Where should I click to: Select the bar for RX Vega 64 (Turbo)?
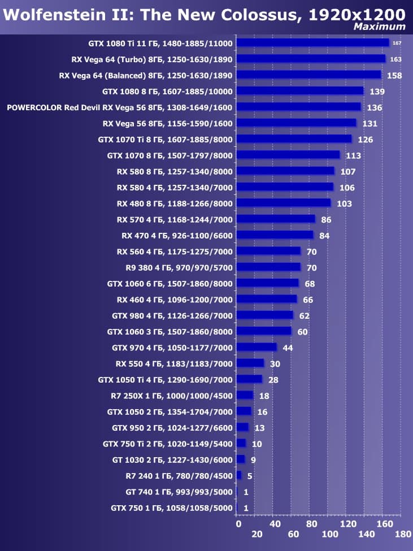pos(311,59)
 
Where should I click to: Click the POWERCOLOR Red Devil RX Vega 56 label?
pos(119,107)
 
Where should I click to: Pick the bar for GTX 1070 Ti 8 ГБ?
pos(294,139)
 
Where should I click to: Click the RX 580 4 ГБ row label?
pos(175,187)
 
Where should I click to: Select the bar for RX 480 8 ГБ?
pos(284,203)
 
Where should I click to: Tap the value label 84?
pos(324,236)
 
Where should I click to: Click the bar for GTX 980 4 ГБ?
pos(265,315)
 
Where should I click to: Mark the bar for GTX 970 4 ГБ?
pos(257,347)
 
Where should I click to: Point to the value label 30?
pos(275,364)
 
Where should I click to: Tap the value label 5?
pos(250,476)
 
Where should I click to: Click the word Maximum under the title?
pos(379,27)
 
